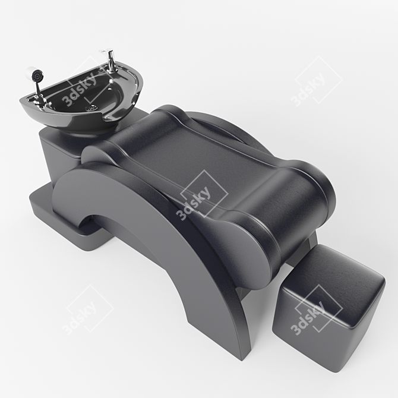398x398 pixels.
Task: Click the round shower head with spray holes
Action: tap(37, 75)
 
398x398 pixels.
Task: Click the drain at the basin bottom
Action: tap(91, 108)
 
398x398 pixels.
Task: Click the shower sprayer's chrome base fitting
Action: tap(39, 99)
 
